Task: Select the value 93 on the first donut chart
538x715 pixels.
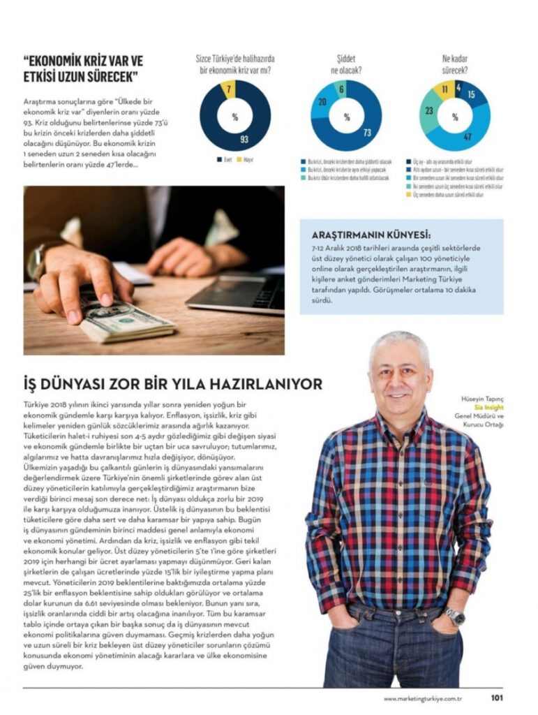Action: point(244,139)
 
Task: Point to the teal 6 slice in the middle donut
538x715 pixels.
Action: point(341,89)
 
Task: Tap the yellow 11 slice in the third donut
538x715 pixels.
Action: point(444,89)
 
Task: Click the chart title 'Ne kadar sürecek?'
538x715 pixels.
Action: point(454,65)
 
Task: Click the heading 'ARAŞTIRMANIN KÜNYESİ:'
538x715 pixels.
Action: point(371,235)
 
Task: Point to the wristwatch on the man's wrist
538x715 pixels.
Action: point(455,616)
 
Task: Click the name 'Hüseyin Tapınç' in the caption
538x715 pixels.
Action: point(481,399)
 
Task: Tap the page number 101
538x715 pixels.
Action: point(497,697)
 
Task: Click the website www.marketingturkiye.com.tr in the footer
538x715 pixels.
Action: point(424,698)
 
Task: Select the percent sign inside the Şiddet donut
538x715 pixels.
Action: point(346,117)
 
